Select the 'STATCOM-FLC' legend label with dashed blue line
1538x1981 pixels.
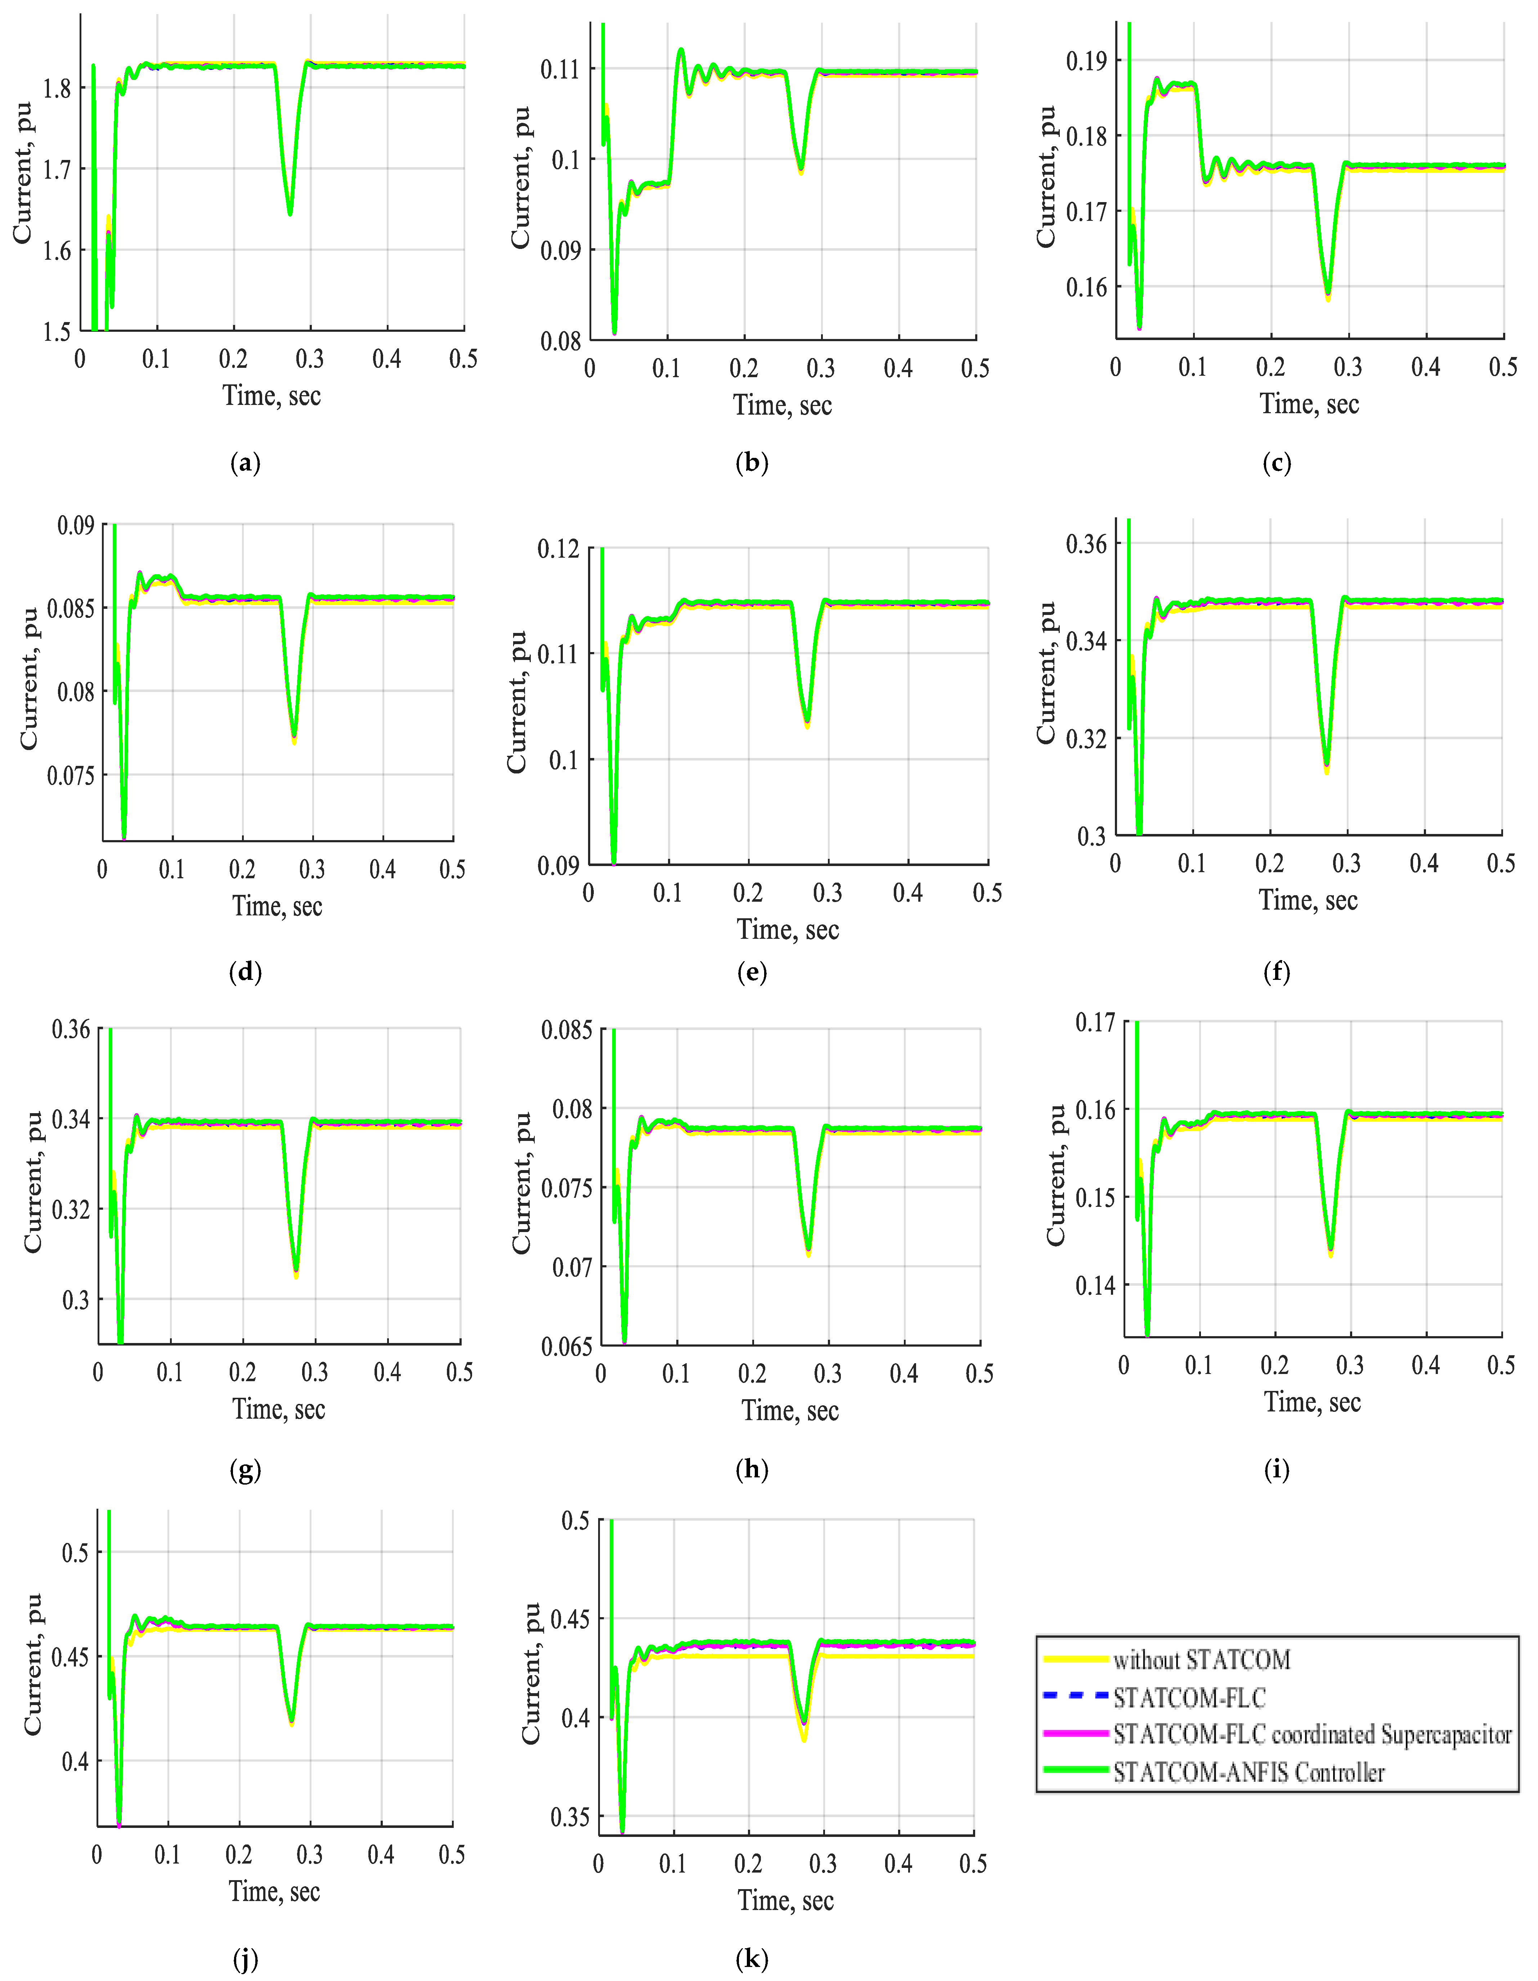point(1189,1698)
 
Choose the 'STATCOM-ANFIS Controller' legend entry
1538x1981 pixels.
point(1249,1772)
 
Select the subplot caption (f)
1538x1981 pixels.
point(1276,972)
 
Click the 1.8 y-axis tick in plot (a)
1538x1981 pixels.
point(57,89)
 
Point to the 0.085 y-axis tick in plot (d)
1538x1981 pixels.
point(70,608)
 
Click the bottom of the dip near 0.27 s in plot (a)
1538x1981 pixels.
point(290,214)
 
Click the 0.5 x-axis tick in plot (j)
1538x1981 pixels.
point(452,1856)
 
